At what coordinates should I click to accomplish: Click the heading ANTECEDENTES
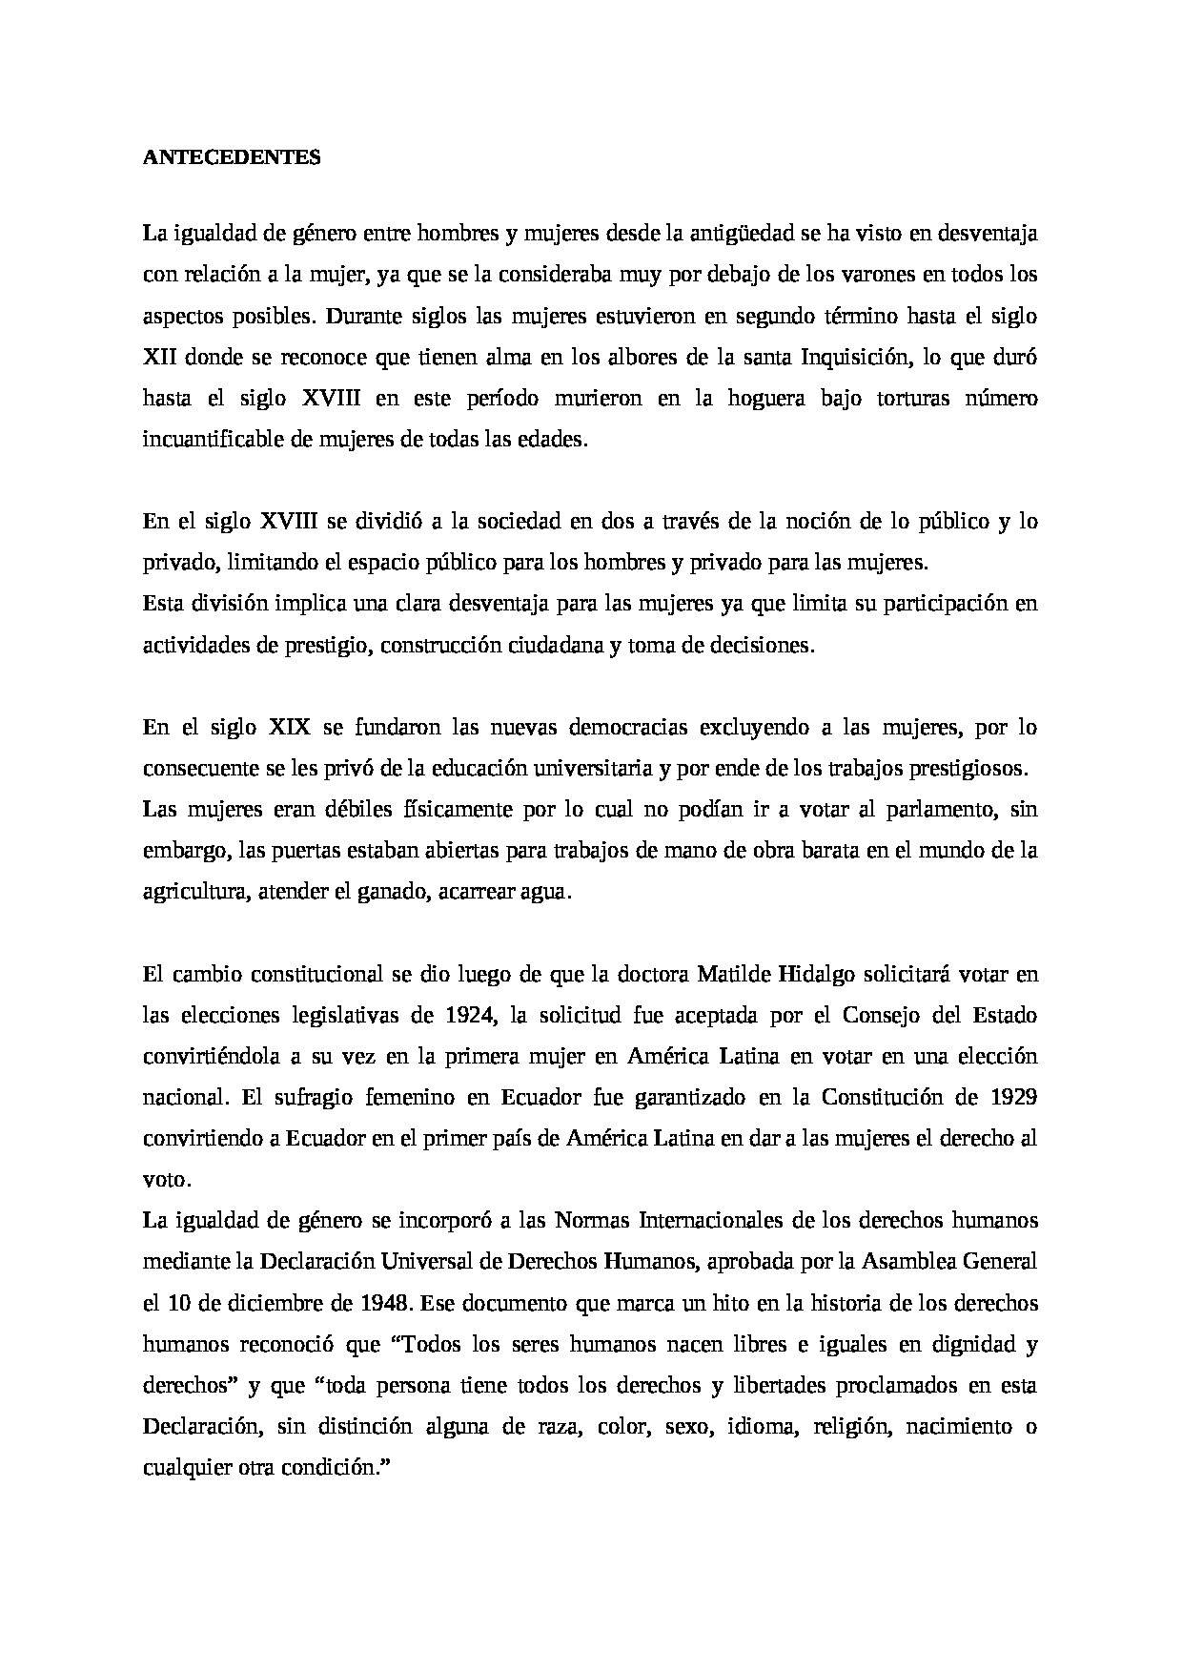[232, 157]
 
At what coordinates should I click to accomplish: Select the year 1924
[466, 1016]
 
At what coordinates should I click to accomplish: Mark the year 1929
[1013, 1098]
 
